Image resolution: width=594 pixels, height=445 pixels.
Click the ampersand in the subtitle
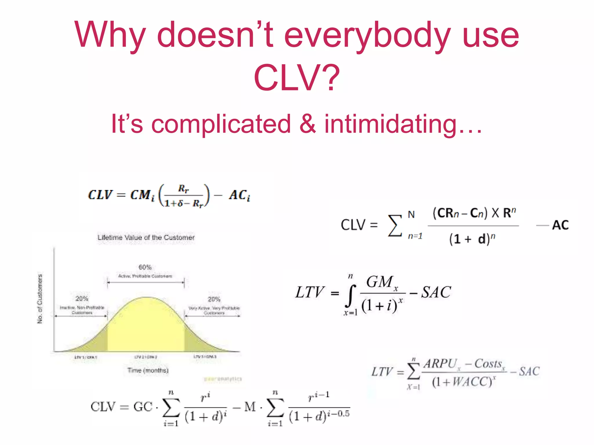coord(307,124)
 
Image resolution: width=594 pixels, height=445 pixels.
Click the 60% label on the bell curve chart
coord(145,267)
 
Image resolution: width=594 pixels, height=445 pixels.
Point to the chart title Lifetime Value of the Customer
coord(146,238)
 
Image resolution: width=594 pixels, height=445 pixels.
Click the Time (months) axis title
coord(148,370)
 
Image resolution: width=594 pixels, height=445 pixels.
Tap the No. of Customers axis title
coord(40,299)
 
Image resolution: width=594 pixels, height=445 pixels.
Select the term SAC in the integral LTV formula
coord(436,292)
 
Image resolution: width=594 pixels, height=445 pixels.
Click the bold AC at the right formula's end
coord(560,225)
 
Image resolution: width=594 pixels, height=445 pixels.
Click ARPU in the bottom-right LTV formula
coord(440,364)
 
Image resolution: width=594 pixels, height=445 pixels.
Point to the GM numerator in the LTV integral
coord(380,282)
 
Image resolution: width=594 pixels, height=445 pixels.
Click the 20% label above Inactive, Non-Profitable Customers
coord(82,299)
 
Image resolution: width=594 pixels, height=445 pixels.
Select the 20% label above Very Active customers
coord(214,299)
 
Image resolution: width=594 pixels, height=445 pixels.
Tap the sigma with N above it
coord(395,225)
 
